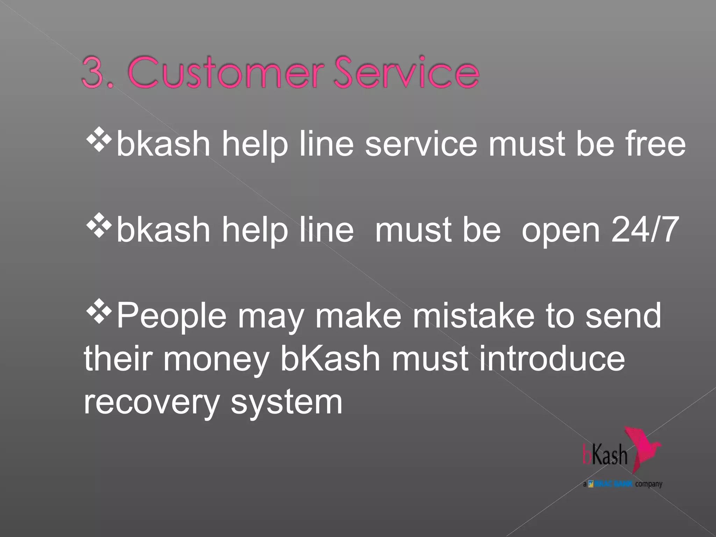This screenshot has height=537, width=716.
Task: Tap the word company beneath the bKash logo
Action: (x=649, y=484)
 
